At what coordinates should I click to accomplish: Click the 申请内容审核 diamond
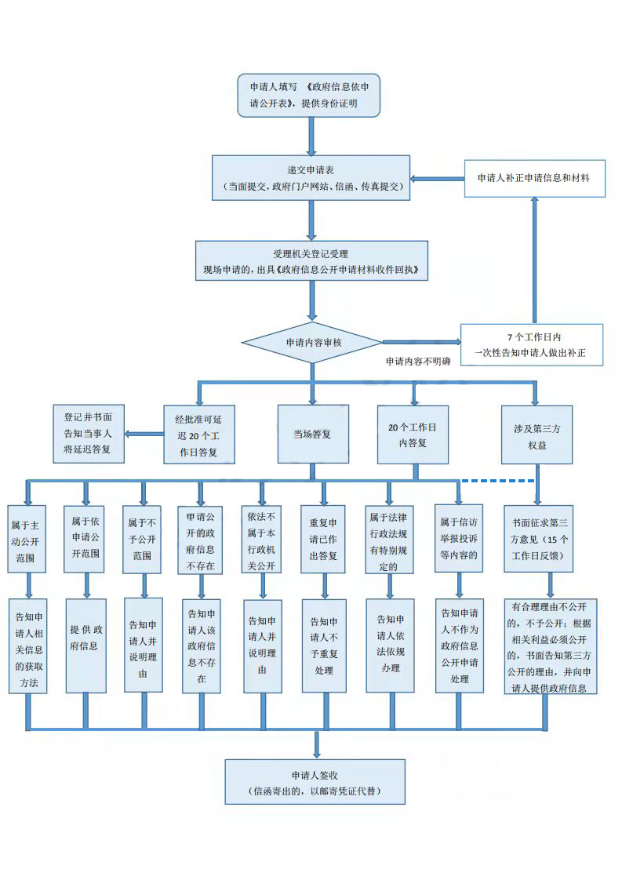(312, 343)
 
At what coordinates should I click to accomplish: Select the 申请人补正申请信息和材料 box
(534, 178)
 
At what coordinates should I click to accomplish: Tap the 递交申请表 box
(311, 178)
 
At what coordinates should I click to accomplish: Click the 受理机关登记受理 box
(311, 261)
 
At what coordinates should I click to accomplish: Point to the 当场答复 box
(312, 434)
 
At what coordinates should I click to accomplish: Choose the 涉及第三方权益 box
(537, 434)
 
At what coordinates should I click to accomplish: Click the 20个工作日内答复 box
(413, 434)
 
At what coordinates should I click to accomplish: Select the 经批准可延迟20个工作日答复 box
(198, 434)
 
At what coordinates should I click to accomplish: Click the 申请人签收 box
(315, 781)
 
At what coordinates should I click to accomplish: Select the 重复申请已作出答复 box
(322, 539)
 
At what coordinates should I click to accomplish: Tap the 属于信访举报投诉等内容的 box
(459, 539)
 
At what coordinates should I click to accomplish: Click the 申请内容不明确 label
(418, 362)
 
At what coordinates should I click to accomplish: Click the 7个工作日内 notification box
(532, 345)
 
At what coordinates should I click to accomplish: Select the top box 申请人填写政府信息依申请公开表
(309, 95)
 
